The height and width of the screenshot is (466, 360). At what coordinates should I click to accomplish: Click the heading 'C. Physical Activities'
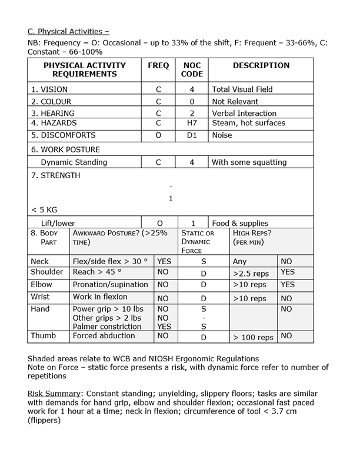[x=68, y=31]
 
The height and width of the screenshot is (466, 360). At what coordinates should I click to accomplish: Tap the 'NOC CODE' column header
[x=192, y=70]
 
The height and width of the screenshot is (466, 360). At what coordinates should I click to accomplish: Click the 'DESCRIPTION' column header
[x=261, y=65]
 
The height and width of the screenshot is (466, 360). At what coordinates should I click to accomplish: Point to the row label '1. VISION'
[x=49, y=89]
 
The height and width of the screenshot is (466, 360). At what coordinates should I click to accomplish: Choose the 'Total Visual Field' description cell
[x=242, y=89]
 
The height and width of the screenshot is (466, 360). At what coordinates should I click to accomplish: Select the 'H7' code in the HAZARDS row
[x=192, y=123]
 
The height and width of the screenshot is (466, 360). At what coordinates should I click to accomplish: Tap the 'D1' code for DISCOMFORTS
[x=192, y=135]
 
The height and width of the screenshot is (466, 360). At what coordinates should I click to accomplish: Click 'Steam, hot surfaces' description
[x=248, y=123]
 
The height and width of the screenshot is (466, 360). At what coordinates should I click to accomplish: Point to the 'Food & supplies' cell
[x=240, y=223]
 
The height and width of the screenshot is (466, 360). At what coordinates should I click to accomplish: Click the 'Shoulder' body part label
[x=46, y=272]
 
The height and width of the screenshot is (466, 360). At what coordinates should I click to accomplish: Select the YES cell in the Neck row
[x=164, y=261]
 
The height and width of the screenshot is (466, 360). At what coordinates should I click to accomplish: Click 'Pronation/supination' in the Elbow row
[x=110, y=284]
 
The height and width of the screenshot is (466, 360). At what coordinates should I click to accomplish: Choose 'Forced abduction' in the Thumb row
[x=104, y=336]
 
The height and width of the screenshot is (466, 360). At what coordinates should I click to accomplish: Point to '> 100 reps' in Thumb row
[x=253, y=337]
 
